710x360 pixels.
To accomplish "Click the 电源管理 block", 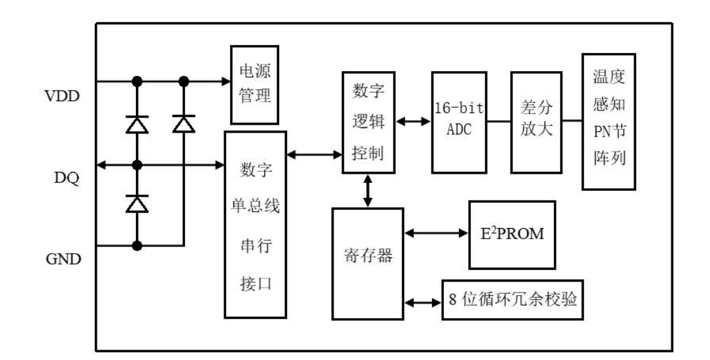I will (254, 85).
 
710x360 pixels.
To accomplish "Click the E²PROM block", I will (512, 235).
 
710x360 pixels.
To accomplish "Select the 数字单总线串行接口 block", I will (256, 224).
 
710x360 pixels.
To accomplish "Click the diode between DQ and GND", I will (137, 204).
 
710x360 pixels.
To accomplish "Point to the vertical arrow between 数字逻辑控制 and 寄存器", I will (368, 191).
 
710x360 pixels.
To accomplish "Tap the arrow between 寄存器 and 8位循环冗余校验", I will (423, 302).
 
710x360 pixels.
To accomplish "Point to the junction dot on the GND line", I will (137, 245).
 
